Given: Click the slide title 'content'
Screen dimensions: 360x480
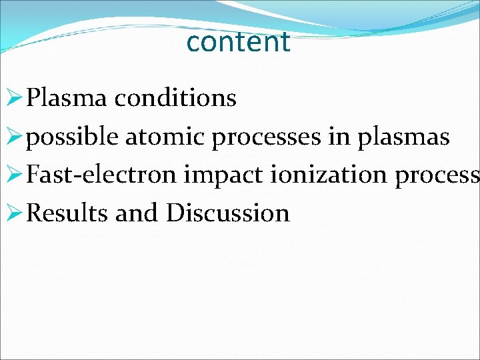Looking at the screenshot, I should point(239,42).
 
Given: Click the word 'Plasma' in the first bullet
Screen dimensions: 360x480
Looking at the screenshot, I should point(67,98).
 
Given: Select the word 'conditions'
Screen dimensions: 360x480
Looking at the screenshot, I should point(175,98).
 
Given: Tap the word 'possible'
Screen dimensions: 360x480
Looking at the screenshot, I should point(73,137).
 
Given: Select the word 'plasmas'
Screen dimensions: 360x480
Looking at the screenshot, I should point(404,137).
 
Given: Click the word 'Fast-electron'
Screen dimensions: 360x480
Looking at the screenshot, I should point(102,175).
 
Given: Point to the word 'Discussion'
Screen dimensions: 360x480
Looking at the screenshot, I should point(228,213).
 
